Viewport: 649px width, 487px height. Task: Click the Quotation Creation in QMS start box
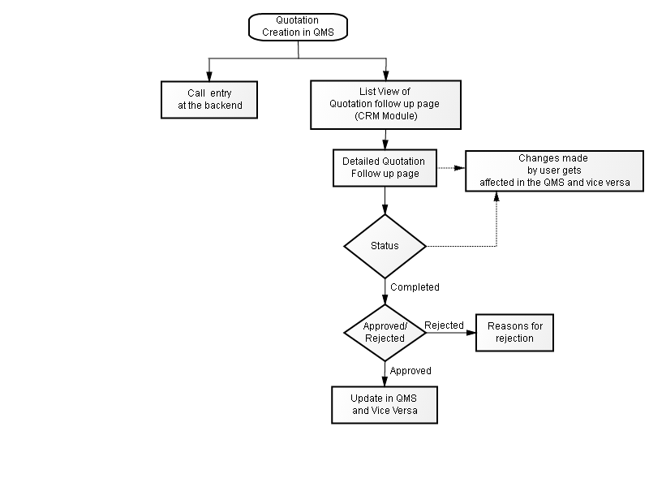pyautogui.click(x=298, y=27)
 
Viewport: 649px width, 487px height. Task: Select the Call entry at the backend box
pyautogui.click(x=209, y=100)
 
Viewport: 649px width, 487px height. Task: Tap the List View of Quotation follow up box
pyautogui.click(x=386, y=105)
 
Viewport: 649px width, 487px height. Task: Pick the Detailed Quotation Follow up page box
pyautogui.click(x=385, y=168)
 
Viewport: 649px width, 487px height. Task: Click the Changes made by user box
pyautogui.click(x=555, y=171)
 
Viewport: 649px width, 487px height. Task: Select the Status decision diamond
pyautogui.click(x=385, y=246)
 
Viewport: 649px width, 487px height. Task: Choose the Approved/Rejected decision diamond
pyautogui.click(x=385, y=333)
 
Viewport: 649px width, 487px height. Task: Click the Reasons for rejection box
pyautogui.click(x=515, y=333)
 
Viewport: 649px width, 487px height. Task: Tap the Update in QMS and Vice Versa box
pyautogui.click(x=385, y=405)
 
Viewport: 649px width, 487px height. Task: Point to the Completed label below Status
pyautogui.click(x=415, y=287)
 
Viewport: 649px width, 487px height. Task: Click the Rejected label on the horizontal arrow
pyautogui.click(x=444, y=325)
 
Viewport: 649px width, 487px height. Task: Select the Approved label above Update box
pyautogui.click(x=410, y=371)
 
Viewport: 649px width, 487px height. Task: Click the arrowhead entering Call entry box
pyautogui.click(x=209, y=76)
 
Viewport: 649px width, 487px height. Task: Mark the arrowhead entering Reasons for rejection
pyautogui.click(x=471, y=333)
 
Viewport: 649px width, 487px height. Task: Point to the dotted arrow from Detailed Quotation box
pyautogui.click(x=451, y=168)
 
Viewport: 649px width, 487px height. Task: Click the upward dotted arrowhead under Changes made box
pyautogui.click(x=496, y=196)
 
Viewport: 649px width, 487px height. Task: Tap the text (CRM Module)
pyautogui.click(x=386, y=116)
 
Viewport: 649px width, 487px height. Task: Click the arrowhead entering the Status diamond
pyautogui.click(x=385, y=209)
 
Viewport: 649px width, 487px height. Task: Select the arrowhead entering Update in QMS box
pyautogui.click(x=385, y=381)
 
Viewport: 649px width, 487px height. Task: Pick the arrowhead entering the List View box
pyautogui.click(x=386, y=75)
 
